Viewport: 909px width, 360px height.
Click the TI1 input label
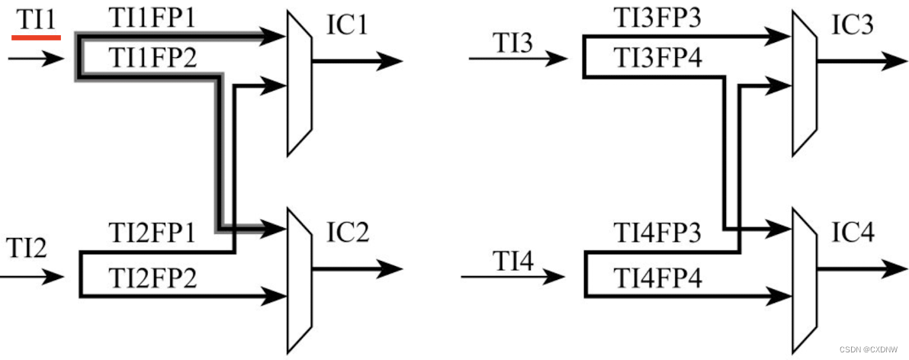tap(36, 21)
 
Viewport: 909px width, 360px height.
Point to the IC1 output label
tap(348, 26)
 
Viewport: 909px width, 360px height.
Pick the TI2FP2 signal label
tap(152, 276)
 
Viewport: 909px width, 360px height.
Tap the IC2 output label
tap(348, 233)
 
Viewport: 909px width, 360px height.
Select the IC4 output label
tap(853, 233)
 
